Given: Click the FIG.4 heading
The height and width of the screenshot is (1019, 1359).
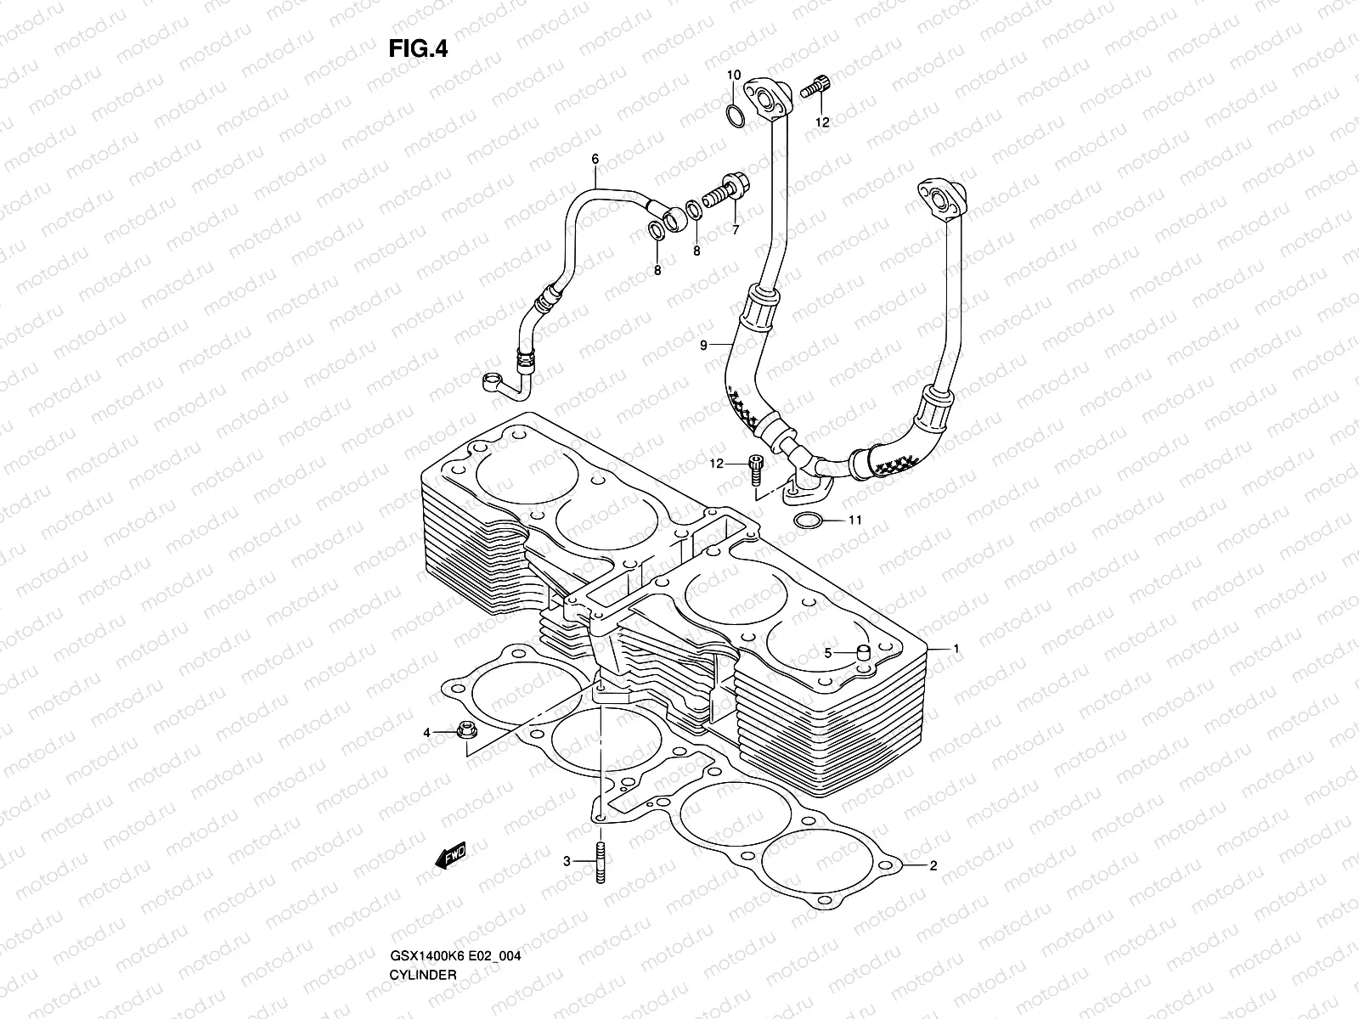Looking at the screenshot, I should click(418, 49).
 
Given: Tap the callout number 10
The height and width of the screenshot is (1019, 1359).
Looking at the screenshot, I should click(734, 76).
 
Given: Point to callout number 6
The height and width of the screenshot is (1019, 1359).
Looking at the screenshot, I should click(618, 159).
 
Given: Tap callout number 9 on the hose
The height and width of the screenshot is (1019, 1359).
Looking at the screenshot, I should click(703, 345).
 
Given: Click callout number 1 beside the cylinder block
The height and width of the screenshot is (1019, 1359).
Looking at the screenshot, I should click(956, 649).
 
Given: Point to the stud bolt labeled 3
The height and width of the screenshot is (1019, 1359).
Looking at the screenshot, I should click(601, 863).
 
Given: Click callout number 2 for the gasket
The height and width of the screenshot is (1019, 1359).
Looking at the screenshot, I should click(933, 866).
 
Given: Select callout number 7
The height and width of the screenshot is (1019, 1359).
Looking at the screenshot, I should click(735, 230).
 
